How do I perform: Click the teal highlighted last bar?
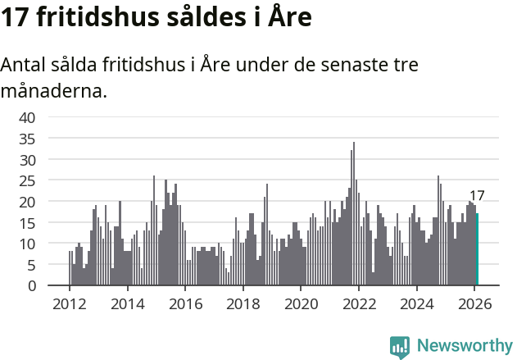tap(477, 250)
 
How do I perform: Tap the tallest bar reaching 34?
tap(354, 215)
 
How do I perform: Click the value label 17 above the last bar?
tap(476, 196)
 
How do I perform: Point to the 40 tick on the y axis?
tap(27, 117)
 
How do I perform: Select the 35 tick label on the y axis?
tap(27, 139)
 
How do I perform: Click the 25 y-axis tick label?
tap(27, 180)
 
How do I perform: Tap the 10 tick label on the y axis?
tap(27, 244)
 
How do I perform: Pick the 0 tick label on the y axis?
tap(31, 286)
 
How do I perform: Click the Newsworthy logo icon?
tap(400, 347)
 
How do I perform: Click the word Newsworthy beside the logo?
tap(464, 346)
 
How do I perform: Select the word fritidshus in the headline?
tap(93, 18)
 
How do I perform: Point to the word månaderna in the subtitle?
tap(54, 90)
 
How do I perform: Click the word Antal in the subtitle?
tap(24, 65)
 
